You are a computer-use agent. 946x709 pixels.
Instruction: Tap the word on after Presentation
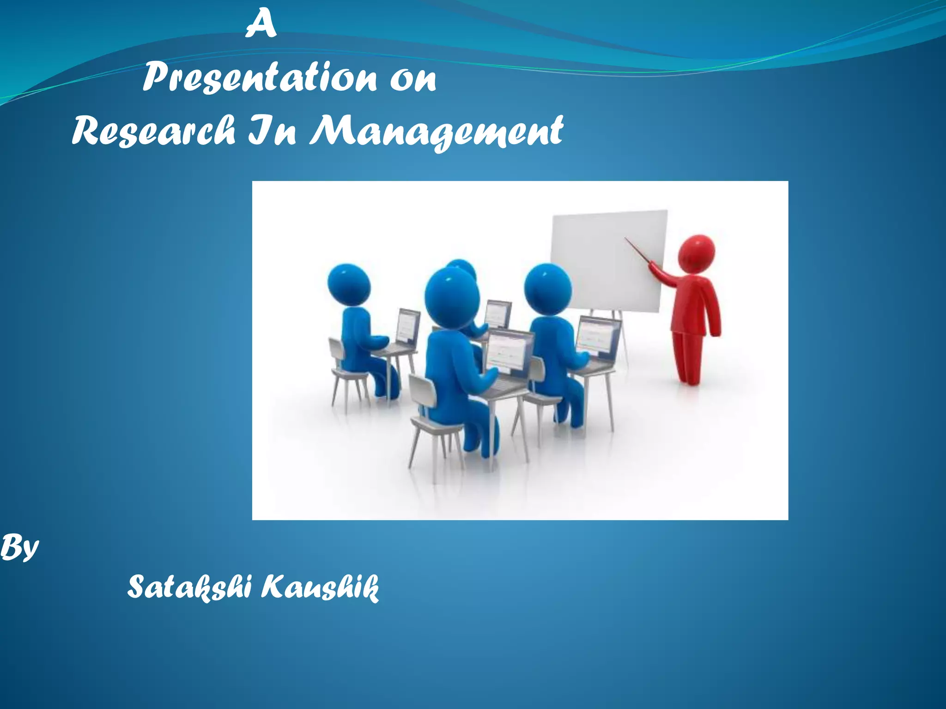click(413, 79)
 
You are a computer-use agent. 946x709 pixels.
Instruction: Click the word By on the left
click(19, 548)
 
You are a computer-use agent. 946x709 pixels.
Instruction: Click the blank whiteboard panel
click(605, 258)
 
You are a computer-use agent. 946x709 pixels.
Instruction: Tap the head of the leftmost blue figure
click(349, 284)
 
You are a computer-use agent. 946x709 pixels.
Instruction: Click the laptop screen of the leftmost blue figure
click(409, 325)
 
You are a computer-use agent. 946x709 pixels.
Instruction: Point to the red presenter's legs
click(689, 358)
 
